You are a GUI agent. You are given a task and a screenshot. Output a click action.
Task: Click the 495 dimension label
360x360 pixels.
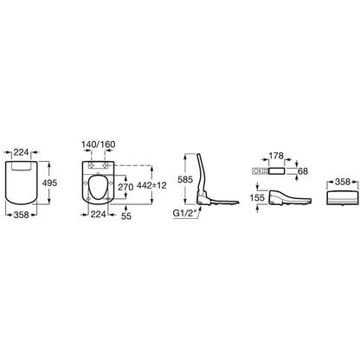[49, 183]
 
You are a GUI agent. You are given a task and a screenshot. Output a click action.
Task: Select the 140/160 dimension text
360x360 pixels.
[99, 145]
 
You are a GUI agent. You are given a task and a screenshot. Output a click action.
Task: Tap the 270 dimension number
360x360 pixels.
[125, 187]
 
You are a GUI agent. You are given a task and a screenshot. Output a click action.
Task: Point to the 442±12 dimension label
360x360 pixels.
[152, 185]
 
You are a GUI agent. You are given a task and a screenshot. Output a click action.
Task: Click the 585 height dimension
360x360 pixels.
[185, 179]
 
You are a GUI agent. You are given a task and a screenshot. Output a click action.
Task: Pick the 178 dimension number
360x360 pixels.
[276, 156]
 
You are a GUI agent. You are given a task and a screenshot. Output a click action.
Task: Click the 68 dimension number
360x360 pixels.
[303, 171]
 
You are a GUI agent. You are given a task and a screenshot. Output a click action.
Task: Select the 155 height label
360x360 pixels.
[257, 198]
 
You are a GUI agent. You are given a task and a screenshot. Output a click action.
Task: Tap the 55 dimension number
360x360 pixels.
[126, 215]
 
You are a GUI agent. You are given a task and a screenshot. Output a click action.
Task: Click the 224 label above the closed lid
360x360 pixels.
[22, 152]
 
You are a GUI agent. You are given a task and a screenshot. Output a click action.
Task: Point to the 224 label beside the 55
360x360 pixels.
[98, 214]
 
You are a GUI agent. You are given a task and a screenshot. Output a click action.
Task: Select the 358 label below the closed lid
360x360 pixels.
[22, 215]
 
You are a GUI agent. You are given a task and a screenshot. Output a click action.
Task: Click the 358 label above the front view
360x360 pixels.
[343, 182]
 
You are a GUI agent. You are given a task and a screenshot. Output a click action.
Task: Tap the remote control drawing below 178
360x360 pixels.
[268, 171]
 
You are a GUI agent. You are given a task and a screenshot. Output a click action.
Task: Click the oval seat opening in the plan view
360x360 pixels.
[97, 188]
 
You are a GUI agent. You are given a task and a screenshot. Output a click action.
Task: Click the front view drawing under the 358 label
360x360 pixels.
[343, 197]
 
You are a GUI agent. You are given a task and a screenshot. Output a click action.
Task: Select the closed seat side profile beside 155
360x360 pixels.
[289, 197]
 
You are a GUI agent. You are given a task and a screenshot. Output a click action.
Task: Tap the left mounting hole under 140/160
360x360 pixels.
[92, 165]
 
